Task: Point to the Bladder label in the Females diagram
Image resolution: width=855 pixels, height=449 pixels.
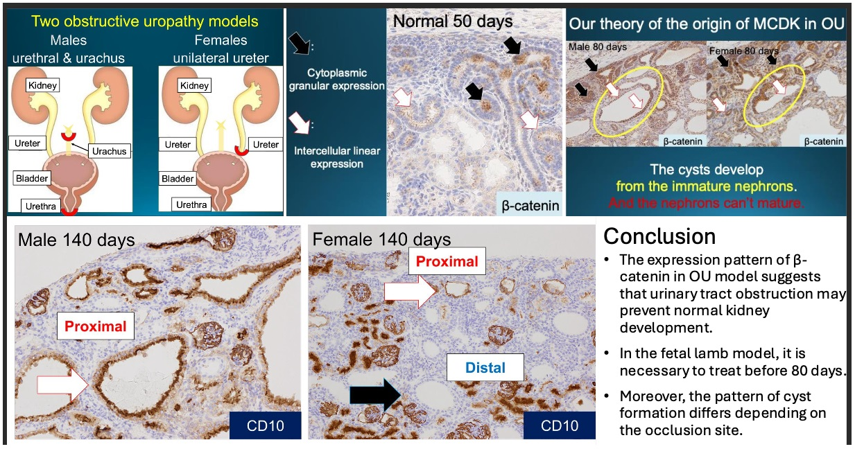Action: click(x=178, y=179)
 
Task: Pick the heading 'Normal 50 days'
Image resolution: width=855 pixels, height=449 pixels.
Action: click(x=453, y=21)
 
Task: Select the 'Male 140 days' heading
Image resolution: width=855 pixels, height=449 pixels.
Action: click(x=77, y=240)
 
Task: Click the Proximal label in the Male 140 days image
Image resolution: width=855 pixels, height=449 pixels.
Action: click(x=96, y=326)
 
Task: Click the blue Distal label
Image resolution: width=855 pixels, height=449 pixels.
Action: click(x=485, y=367)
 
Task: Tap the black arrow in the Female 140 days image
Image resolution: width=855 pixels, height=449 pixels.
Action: click(x=375, y=395)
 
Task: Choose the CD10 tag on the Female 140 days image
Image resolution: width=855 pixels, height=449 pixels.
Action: click(x=559, y=425)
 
